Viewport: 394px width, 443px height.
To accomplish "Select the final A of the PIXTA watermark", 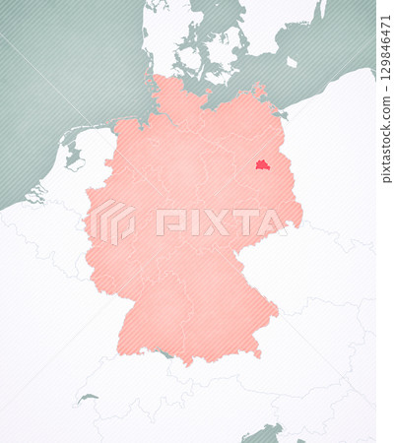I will [272, 222].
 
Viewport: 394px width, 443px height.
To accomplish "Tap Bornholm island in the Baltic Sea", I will [292, 62].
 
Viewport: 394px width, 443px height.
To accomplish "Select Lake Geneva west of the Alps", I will [88, 399].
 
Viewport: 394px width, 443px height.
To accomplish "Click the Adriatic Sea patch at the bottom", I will [264, 432].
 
